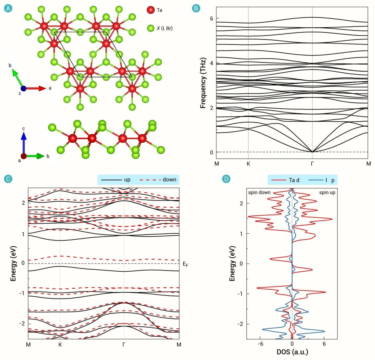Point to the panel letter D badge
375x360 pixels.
click(226, 179)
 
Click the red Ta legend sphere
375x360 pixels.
click(150, 10)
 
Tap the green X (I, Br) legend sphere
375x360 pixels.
click(150, 28)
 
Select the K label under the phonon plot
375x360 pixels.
click(248, 163)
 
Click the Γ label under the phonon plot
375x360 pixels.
click(312, 163)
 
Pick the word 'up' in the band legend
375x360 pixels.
click(127, 180)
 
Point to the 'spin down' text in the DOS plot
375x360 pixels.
click(259, 192)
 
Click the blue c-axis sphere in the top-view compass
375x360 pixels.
click(23, 89)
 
